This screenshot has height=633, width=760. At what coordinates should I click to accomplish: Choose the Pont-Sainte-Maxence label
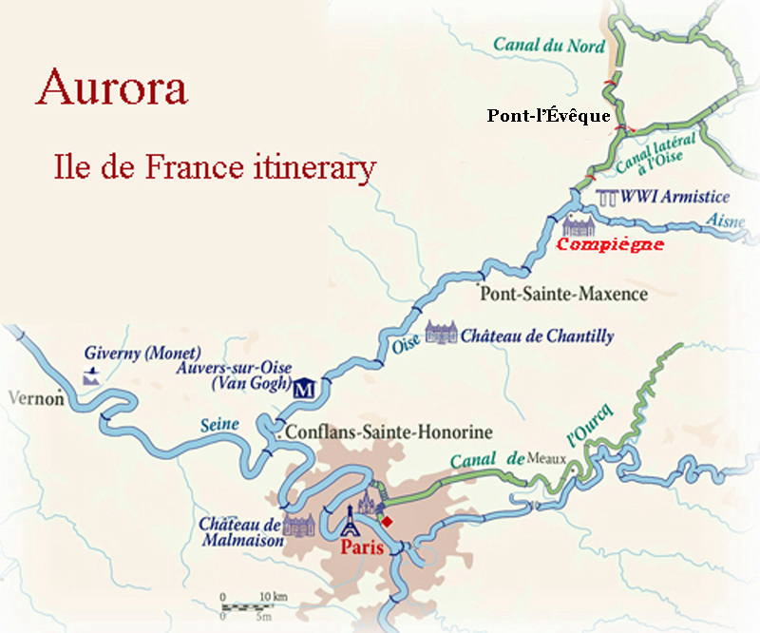pos(564,294)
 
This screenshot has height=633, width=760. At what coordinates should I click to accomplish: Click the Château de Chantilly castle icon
pos(441,333)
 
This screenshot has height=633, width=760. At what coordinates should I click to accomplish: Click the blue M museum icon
pos(305,388)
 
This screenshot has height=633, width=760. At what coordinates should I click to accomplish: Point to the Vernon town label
pos(34,398)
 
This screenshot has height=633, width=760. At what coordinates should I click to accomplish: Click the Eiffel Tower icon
pos(350,520)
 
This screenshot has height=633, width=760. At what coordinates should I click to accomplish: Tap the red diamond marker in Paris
pos(386,520)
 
